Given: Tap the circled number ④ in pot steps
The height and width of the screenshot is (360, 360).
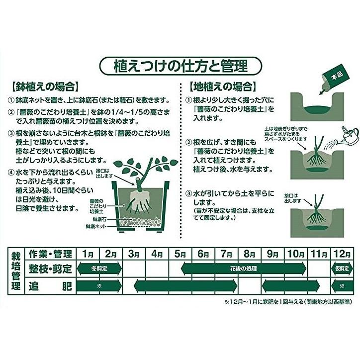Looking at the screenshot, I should [x=12, y=173].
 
